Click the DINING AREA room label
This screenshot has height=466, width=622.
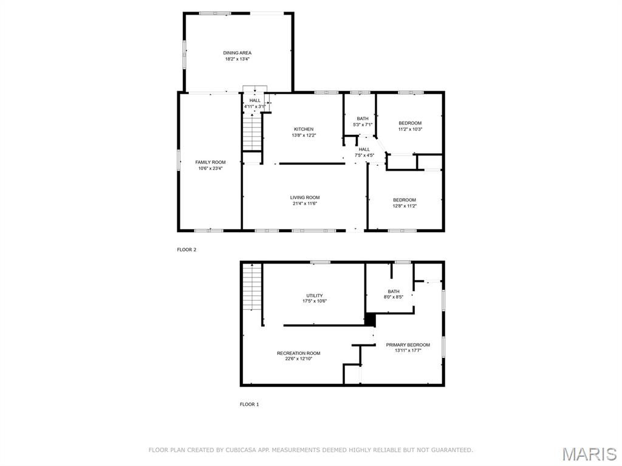pos(237,53)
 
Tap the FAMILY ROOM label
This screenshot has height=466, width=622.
pos(210,162)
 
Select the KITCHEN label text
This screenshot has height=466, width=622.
pos(304,129)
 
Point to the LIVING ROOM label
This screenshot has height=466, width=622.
pos(304,197)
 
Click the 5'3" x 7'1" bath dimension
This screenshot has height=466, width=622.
pos(363,125)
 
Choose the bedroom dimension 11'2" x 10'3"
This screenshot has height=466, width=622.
pos(410,129)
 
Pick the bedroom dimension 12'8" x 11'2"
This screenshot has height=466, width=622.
pos(405,207)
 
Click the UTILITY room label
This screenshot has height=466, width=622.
pos(315,296)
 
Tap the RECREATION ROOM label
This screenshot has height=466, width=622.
pos(298,353)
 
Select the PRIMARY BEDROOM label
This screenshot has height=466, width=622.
pos(408,344)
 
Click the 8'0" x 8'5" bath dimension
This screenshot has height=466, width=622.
pos(394,298)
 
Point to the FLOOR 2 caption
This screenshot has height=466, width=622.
pos(186,250)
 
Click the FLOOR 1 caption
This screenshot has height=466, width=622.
pos(249,404)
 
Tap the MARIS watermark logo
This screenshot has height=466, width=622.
pos(589,454)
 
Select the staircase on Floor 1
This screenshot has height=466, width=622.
pos(251,287)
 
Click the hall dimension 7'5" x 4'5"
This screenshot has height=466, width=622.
pos(364,156)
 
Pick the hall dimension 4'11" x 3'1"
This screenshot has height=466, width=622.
pos(255,107)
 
